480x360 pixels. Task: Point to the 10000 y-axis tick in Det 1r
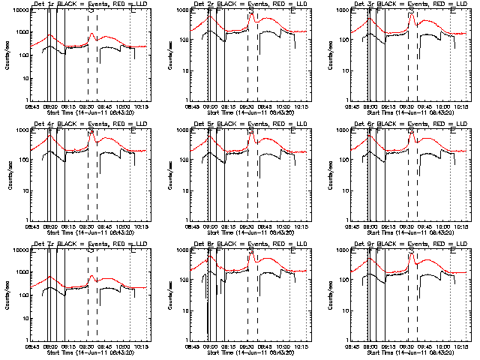pos(19,10)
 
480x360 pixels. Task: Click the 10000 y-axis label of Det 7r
pos(19,250)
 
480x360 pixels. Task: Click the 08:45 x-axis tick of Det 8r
pos(194,346)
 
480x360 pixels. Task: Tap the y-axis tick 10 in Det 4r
pos(25,190)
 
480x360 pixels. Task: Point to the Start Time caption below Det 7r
pos(87,352)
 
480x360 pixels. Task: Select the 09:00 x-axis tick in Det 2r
pos(212,106)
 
